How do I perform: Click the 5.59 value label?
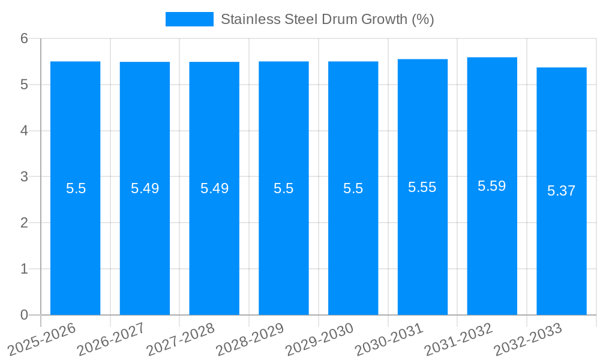click(x=491, y=186)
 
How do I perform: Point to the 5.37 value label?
click(x=561, y=191)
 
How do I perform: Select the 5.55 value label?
click(x=422, y=187)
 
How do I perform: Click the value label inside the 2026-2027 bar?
click(x=145, y=188)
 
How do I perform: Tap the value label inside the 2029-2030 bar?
click(x=353, y=188)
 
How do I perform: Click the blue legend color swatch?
click(x=189, y=19)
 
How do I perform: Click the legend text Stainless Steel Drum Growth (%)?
click(x=327, y=19)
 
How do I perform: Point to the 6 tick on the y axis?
click(x=25, y=38)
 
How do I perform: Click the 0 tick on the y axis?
click(x=25, y=315)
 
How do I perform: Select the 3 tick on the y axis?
click(x=25, y=177)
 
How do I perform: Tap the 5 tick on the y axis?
click(x=25, y=85)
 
